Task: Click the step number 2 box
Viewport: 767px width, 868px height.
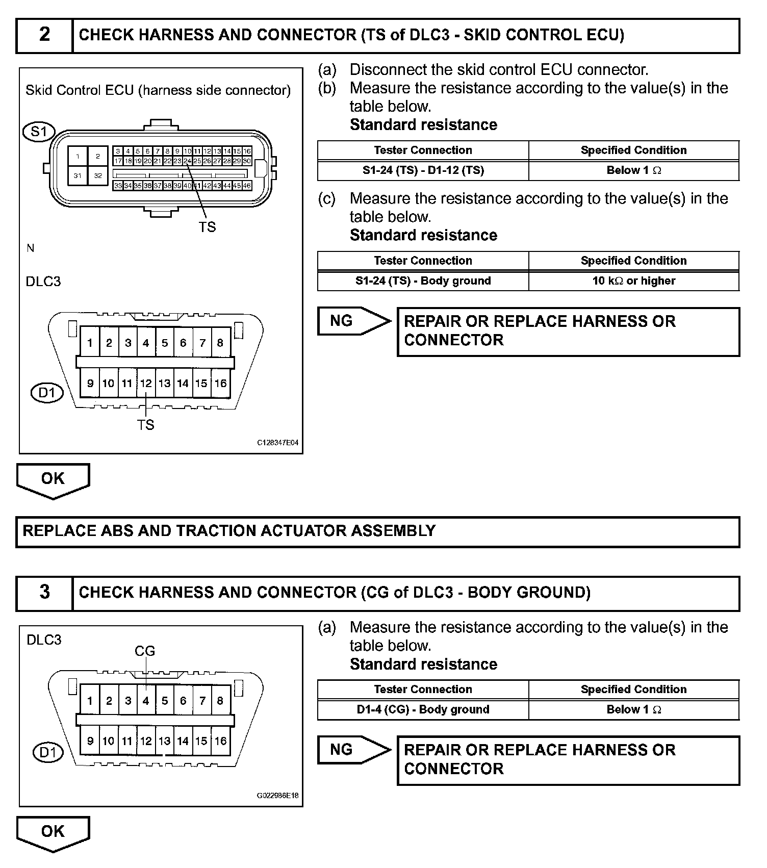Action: tap(44, 35)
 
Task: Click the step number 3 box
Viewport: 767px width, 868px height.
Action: tap(44, 593)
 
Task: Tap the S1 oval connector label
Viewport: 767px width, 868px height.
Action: tap(39, 132)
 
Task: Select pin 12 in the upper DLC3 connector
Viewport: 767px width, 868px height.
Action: tap(146, 384)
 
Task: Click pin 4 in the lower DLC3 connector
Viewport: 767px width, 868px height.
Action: tap(146, 701)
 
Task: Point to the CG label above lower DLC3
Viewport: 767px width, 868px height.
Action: tap(145, 651)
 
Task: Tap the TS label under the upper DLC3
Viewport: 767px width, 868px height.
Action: tap(145, 425)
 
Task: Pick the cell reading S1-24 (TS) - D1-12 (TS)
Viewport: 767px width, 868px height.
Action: tap(423, 170)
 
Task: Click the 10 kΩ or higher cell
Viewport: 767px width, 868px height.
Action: tap(633, 281)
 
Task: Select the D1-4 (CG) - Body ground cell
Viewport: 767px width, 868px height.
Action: tap(423, 709)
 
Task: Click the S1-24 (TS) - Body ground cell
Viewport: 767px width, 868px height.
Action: tap(423, 281)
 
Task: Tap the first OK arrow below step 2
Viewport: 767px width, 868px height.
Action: tap(53, 479)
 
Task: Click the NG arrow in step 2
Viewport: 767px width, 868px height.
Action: tap(352, 321)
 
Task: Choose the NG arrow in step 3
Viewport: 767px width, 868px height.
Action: tap(352, 750)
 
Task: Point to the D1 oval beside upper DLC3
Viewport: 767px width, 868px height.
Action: tap(47, 393)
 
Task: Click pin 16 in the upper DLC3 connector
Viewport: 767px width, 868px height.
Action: tap(220, 384)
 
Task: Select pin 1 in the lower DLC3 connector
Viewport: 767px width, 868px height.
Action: tap(90, 701)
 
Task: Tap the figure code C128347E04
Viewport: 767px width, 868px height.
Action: tap(277, 443)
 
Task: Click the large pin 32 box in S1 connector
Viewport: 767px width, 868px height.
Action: tap(98, 175)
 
